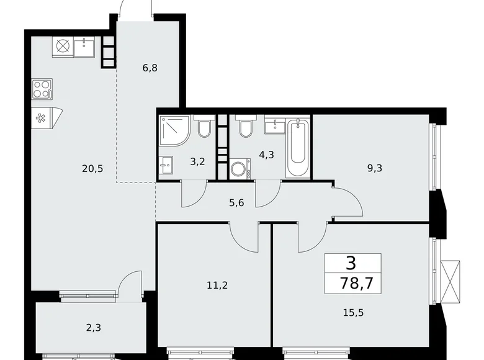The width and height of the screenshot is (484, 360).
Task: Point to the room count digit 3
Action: tap(351, 263)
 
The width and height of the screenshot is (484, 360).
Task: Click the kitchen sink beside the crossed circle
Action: tap(84, 46)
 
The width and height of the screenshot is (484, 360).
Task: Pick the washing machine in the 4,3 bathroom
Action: tap(239, 168)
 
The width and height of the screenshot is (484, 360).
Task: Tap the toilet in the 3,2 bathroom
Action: tap(205, 128)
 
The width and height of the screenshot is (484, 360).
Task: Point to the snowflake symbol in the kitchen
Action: tap(42, 117)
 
